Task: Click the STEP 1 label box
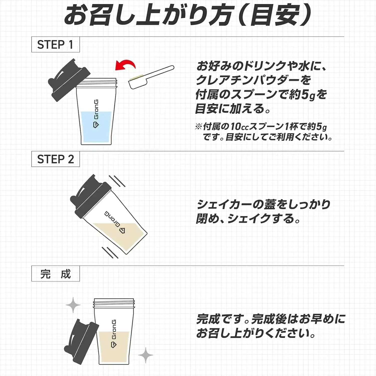(x=55, y=45)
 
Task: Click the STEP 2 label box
(x=55, y=159)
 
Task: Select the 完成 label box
(x=55, y=274)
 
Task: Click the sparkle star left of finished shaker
(x=73, y=305)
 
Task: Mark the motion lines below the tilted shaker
(x=110, y=252)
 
